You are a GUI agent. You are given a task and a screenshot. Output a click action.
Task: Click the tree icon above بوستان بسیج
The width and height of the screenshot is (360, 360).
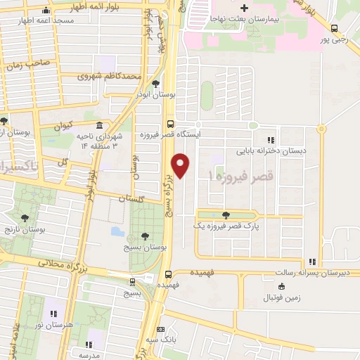pos(145,236)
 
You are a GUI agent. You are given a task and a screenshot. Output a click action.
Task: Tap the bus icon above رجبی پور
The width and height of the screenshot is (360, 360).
pos(335,29)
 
